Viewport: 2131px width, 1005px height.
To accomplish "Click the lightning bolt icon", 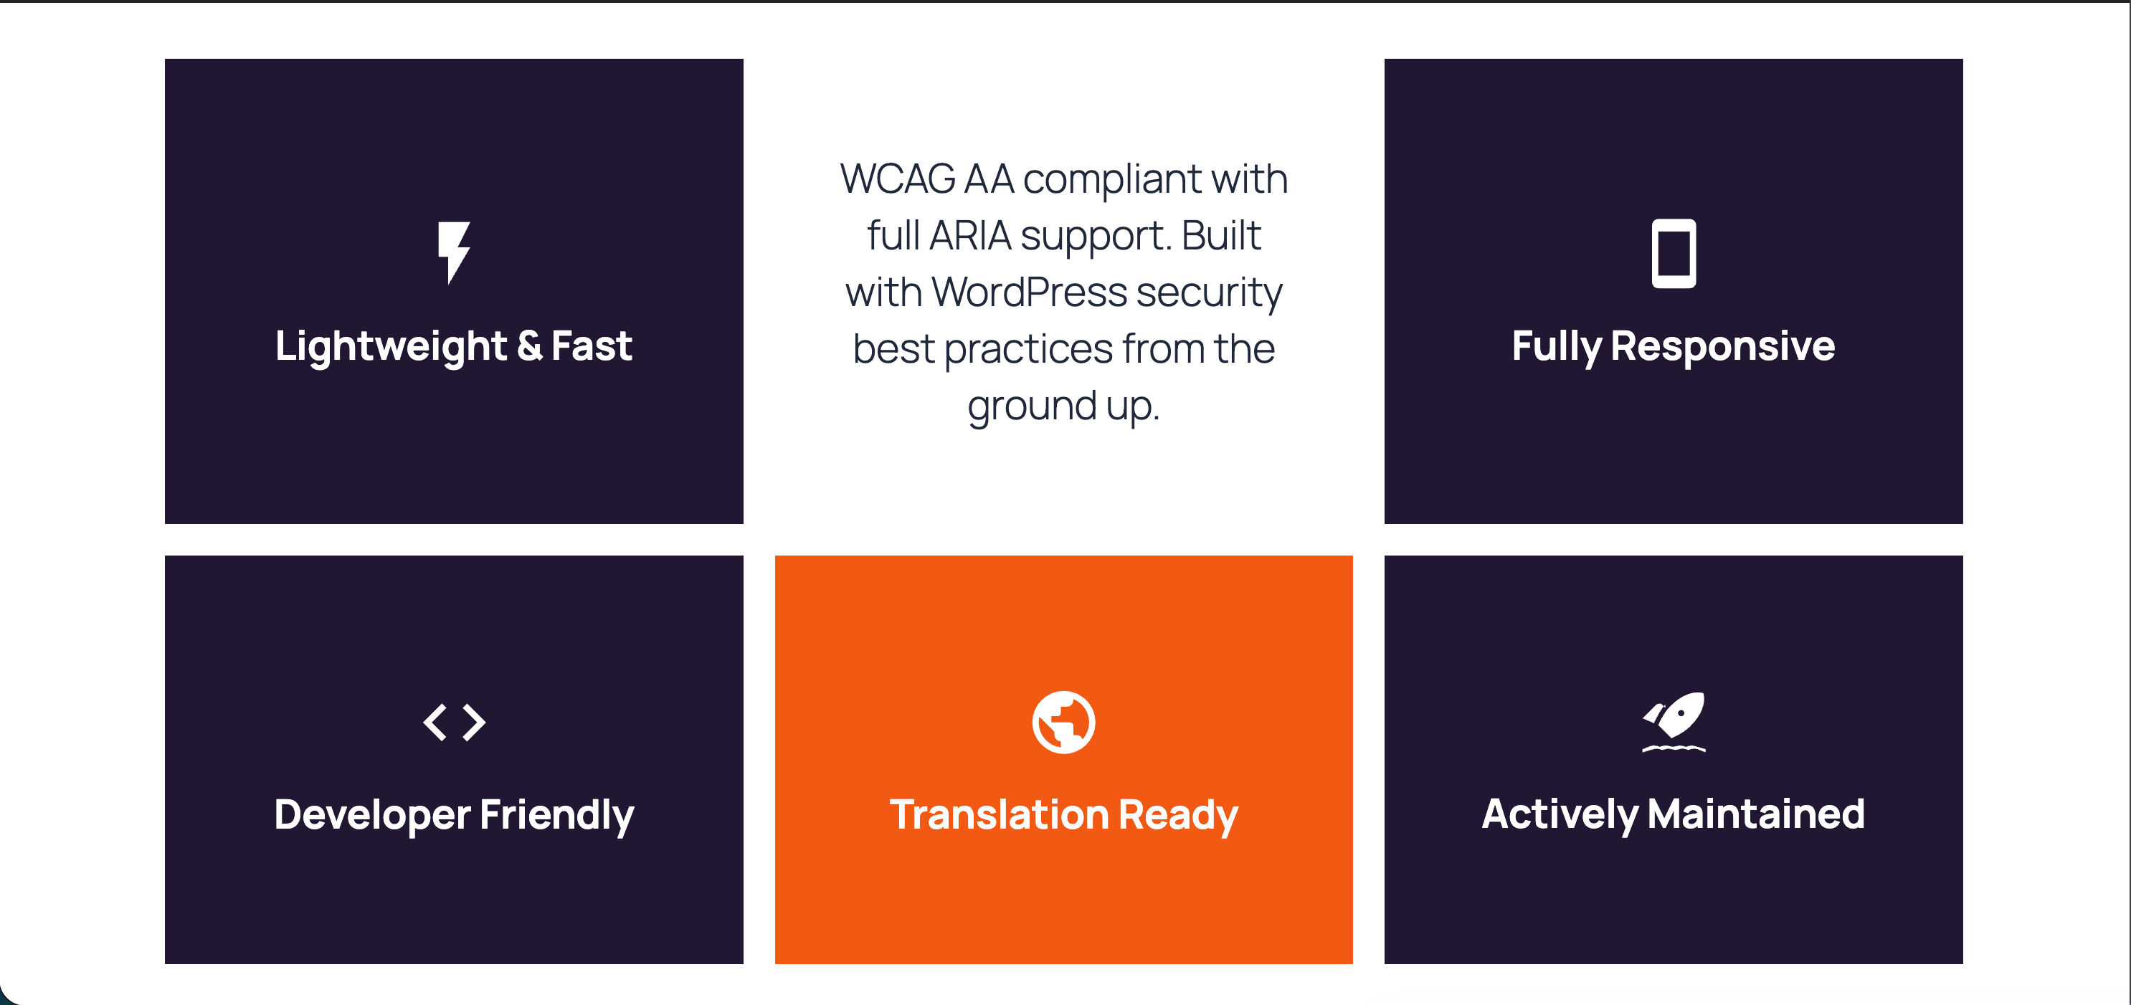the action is (x=454, y=252).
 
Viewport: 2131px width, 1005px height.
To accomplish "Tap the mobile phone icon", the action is (x=1674, y=253).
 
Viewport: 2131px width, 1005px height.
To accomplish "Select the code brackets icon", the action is (x=454, y=722).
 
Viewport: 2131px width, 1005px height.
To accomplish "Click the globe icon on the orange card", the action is (x=1064, y=722).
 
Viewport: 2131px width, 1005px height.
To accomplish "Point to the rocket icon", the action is (x=1674, y=721).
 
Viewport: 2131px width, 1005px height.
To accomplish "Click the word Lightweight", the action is (x=391, y=346).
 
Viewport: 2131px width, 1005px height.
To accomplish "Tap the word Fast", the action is (x=592, y=346).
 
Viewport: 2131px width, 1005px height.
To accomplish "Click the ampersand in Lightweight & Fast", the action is (x=529, y=346).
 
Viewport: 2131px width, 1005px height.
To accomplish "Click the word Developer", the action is (x=372, y=816).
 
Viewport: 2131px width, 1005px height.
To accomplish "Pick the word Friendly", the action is (x=556, y=816).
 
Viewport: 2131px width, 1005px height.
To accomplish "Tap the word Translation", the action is (x=999, y=815).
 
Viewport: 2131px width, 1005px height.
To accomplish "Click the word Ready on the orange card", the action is (x=1178, y=816).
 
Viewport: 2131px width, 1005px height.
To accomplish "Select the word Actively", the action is (x=1560, y=816).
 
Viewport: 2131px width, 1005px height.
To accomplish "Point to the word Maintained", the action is (x=1756, y=815).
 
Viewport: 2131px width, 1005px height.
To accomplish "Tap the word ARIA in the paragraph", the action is (x=970, y=236).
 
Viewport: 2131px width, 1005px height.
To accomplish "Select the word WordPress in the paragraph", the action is (x=1030, y=292).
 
